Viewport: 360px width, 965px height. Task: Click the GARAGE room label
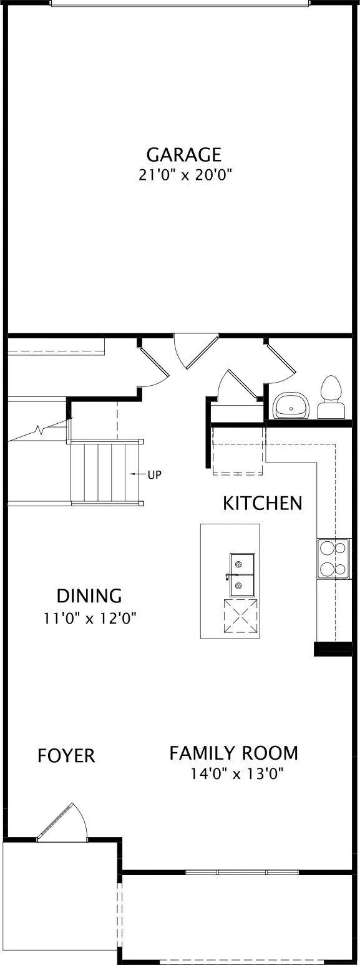[184, 154]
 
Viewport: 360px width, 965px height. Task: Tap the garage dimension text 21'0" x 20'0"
[185, 175]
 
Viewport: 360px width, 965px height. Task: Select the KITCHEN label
[262, 503]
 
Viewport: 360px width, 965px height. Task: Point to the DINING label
[90, 596]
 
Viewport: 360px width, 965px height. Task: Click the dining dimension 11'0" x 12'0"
[90, 619]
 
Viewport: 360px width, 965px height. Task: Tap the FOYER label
[66, 756]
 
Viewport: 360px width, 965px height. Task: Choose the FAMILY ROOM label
[233, 753]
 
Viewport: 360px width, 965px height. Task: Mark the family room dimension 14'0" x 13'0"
[237, 774]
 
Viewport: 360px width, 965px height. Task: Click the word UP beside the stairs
[155, 475]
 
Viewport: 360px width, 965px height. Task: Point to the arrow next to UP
[138, 474]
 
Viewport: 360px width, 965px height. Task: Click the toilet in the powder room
[331, 397]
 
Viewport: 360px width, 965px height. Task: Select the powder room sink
[291, 405]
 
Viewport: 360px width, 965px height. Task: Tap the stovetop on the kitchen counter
[333, 558]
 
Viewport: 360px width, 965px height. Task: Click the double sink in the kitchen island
[241, 575]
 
